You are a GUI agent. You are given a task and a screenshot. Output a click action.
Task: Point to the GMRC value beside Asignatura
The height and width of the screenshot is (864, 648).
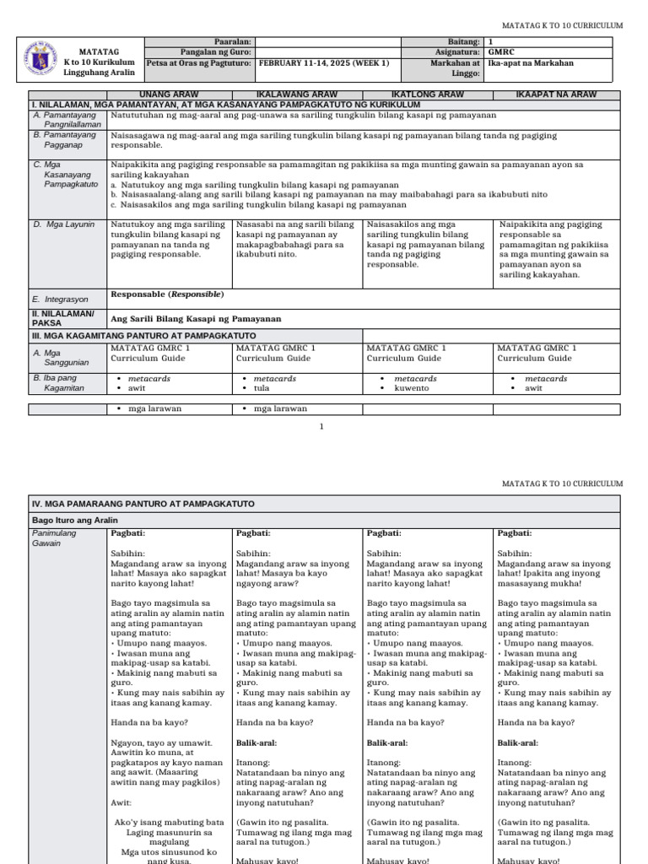[x=501, y=52]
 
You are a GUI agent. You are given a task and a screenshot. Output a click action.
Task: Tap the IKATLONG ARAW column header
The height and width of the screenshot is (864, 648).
[x=428, y=94]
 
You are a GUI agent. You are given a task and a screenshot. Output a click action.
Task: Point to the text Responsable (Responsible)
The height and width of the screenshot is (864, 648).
[x=167, y=294]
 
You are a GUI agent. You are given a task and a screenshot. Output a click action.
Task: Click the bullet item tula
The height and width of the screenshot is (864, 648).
[x=262, y=389]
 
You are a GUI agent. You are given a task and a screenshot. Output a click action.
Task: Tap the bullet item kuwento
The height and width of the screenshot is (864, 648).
[x=412, y=389]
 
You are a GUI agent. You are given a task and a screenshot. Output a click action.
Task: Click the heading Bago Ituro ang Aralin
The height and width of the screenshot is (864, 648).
[x=75, y=520]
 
